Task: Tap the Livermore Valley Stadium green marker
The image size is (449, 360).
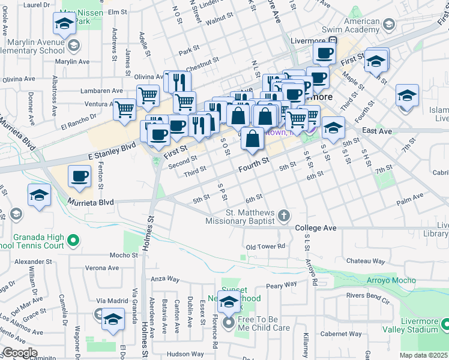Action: click(x=445, y=325)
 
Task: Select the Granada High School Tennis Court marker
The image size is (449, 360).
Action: click(x=73, y=241)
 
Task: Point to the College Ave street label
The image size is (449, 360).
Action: click(x=316, y=229)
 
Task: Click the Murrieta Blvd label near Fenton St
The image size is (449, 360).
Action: click(x=91, y=203)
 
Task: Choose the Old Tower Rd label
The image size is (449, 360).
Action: click(x=265, y=247)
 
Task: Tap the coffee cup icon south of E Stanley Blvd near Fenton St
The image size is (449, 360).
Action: click(x=79, y=176)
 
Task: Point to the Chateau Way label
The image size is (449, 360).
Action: click(x=366, y=261)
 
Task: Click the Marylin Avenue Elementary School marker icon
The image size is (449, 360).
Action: click(x=73, y=46)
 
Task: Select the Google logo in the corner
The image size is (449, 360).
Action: click(x=19, y=353)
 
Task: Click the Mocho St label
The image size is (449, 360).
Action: click(x=124, y=255)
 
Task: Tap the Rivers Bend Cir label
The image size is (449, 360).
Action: click(x=369, y=296)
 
